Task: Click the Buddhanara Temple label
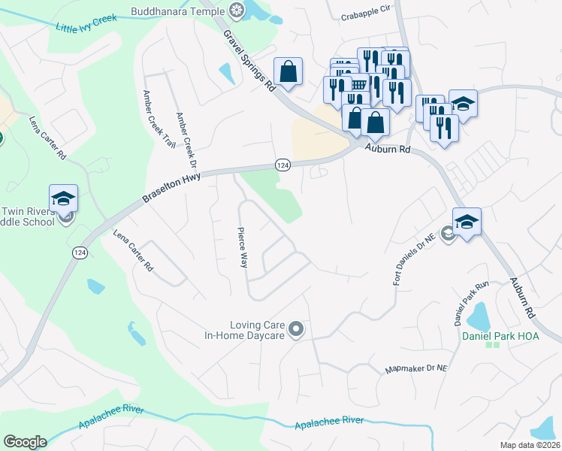[x=177, y=11]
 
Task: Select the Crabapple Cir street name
[x=367, y=14]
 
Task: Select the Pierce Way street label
[x=242, y=247]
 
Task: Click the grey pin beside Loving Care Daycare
[x=297, y=328]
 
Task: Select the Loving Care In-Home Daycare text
[x=245, y=328]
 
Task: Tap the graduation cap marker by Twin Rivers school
[x=64, y=199]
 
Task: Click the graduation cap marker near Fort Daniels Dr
[x=467, y=222]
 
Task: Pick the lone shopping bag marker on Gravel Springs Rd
[x=288, y=72]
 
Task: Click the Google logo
[x=25, y=442]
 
